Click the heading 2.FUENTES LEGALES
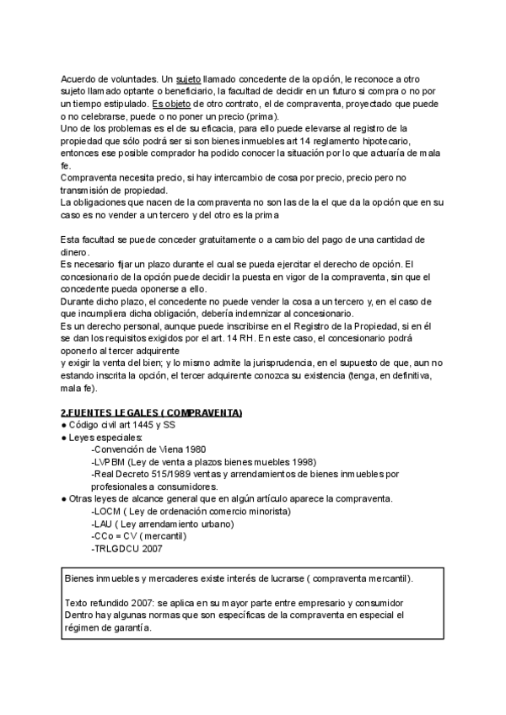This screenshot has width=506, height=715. [x=151, y=412]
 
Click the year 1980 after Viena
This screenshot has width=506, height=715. [x=191, y=449]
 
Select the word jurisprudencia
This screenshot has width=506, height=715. [x=271, y=363]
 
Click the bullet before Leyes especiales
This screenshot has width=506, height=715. [x=64, y=438]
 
